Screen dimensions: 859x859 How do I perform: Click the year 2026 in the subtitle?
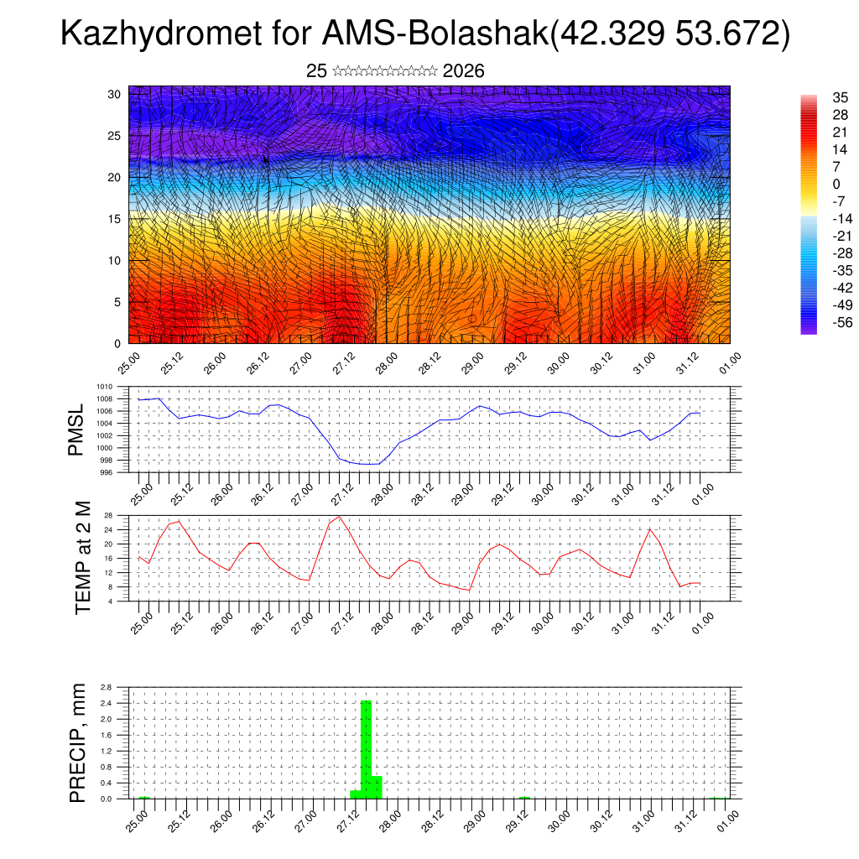463,71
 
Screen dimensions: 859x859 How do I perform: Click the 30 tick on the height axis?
115,94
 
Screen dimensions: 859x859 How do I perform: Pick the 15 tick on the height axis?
115,219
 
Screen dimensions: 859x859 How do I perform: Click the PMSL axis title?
76,429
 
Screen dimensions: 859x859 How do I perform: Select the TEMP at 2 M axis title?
82,557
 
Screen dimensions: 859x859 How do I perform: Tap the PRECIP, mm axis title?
78,742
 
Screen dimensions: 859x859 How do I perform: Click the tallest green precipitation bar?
366,748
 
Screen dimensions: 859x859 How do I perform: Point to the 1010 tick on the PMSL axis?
104,388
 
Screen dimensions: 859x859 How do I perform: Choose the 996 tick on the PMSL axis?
106,472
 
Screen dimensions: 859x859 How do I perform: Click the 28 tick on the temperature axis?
108,515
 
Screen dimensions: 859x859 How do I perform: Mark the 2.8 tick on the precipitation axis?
107,687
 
